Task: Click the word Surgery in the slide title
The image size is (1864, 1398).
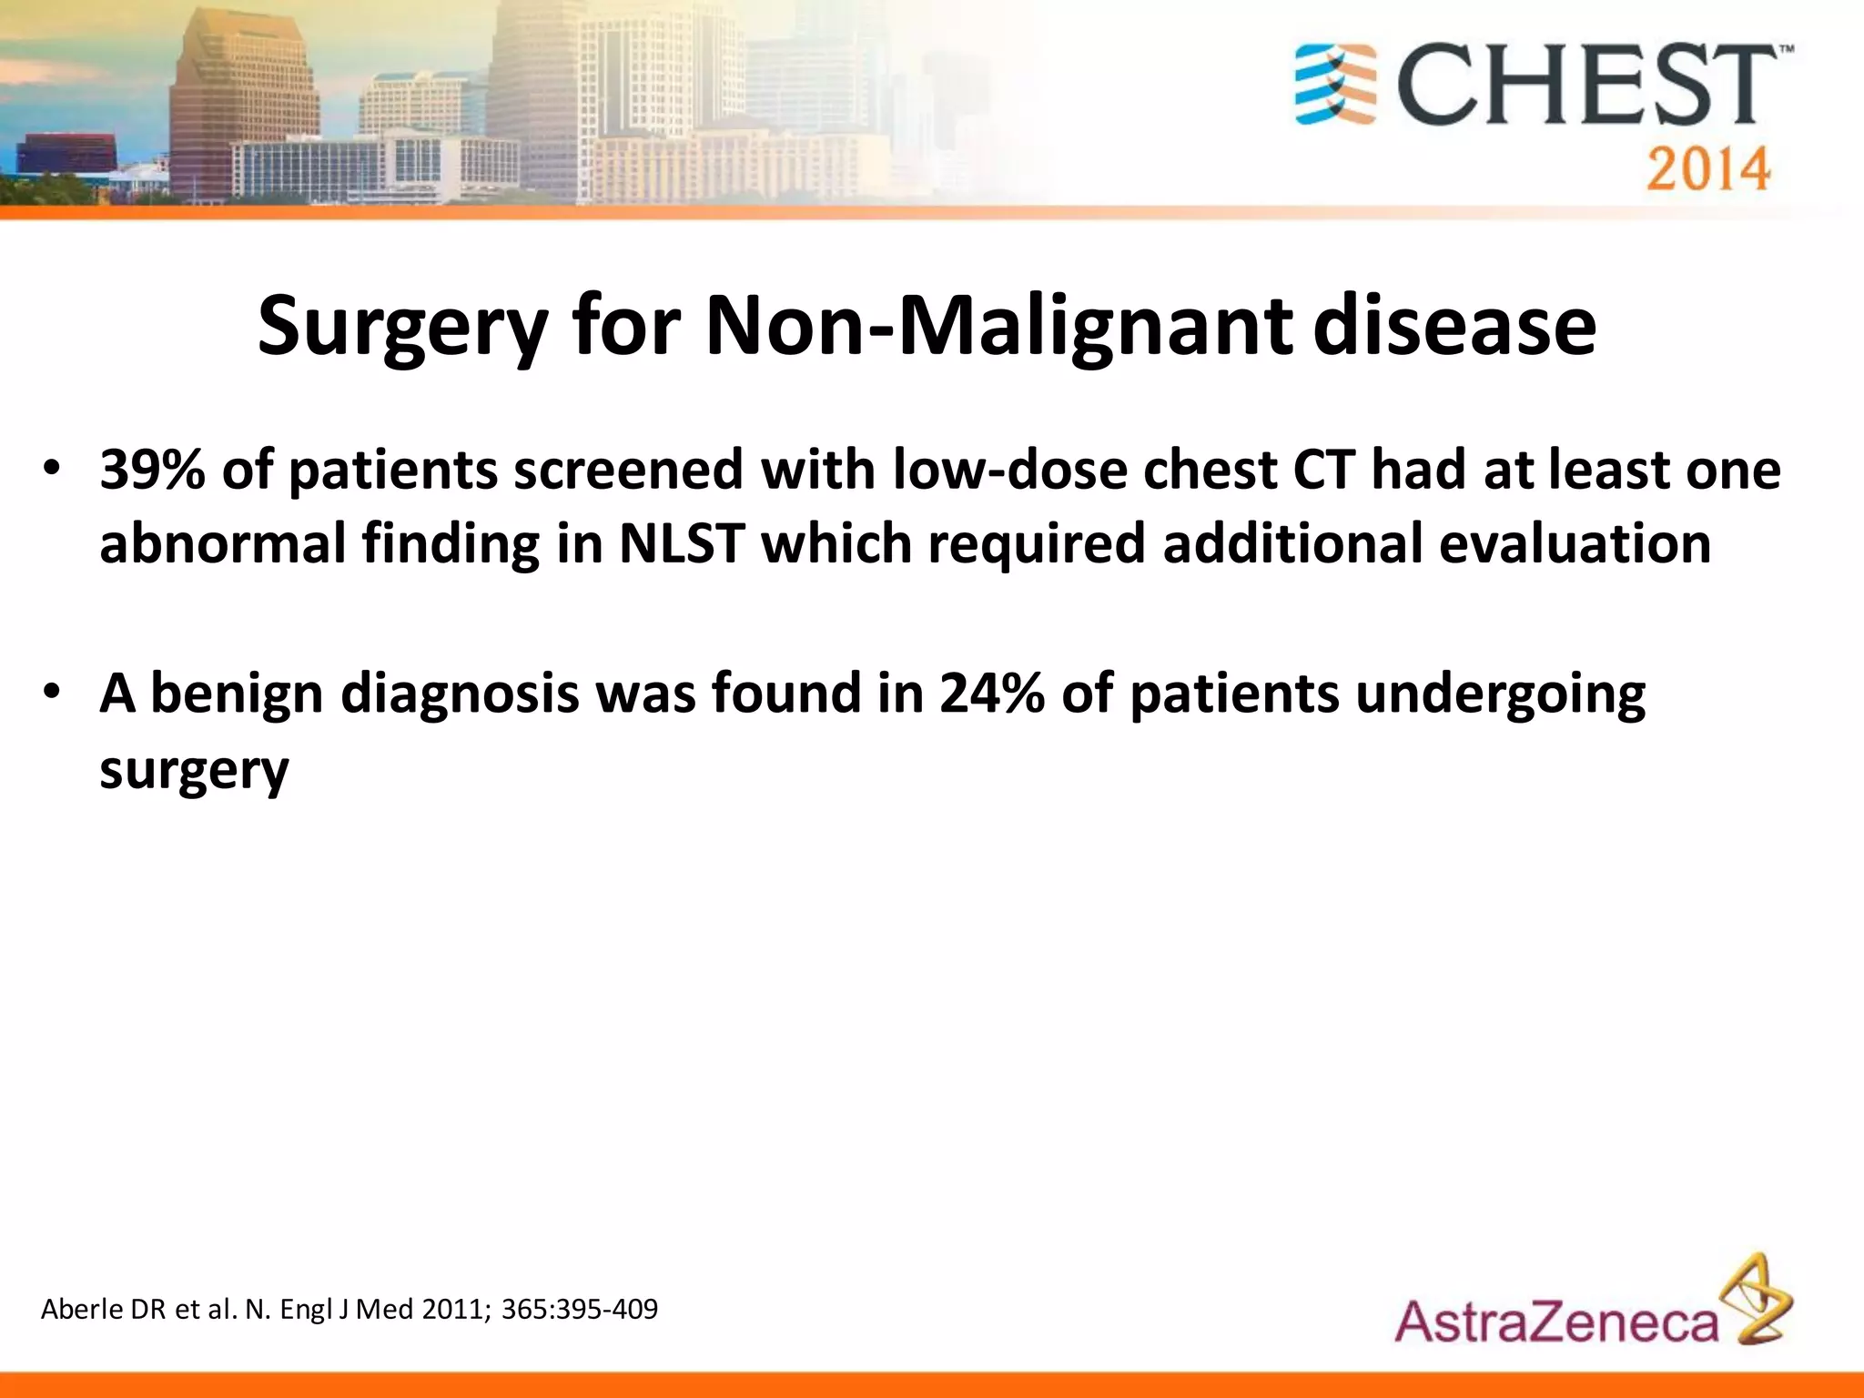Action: (x=401, y=328)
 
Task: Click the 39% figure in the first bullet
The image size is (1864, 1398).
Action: (x=151, y=471)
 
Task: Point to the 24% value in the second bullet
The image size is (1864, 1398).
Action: (x=991, y=693)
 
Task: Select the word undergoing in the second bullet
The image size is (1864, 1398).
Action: (x=1500, y=694)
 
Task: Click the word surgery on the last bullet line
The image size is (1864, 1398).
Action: (x=194, y=770)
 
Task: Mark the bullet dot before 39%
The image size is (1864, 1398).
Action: (x=51, y=470)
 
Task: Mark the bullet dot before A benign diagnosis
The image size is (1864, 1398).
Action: (x=51, y=694)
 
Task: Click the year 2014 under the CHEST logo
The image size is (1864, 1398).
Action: (x=1707, y=170)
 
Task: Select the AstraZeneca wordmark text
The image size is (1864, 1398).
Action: (x=1556, y=1322)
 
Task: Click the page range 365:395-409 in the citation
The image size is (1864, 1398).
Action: (x=579, y=1310)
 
